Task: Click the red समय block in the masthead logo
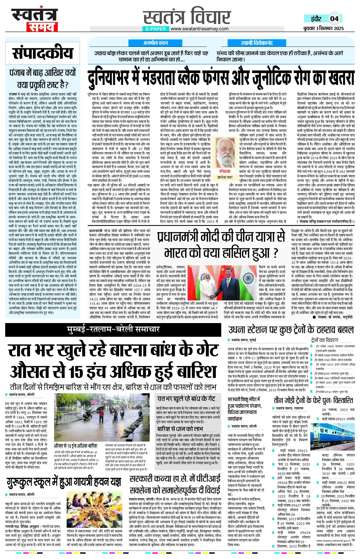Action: pyautogui.click(x=42, y=27)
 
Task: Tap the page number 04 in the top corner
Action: pyautogui.click(x=334, y=19)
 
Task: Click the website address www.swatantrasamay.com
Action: pyautogui.click(x=199, y=29)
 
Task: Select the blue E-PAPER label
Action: pyautogui.click(x=156, y=29)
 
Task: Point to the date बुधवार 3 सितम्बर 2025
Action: pyautogui.click(x=323, y=28)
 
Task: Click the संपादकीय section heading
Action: pyautogui.click(x=43, y=53)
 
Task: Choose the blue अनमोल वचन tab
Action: pyautogui.click(x=155, y=43)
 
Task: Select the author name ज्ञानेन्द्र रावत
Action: pyautogui.click(x=225, y=177)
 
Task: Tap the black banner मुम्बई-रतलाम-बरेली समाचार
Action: pyautogui.click(x=113, y=329)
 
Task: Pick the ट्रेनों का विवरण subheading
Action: pyautogui.click(x=324, y=340)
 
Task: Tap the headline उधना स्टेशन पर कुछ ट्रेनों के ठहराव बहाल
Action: pyautogui.click(x=291, y=330)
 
